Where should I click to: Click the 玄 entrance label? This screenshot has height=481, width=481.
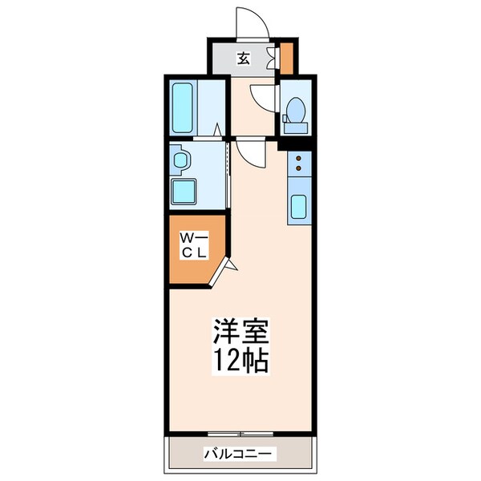pyautogui.click(x=242, y=58)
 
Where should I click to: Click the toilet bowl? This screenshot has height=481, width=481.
pyautogui.click(x=295, y=108)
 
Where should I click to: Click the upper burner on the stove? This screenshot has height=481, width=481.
pyautogui.click(x=299, y=159)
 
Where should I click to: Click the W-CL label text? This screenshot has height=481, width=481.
pyautogui.click(x=194, y=245)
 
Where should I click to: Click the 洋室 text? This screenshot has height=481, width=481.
pyautogui.click(x=240, y=330)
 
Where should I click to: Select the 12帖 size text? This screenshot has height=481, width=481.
pyautogui.click(x=240, y=358)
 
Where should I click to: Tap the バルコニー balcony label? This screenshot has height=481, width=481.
pyautogui.click(x=239, y=454)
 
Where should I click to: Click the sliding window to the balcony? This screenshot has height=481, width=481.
pyautogui.click(x=240, y=434)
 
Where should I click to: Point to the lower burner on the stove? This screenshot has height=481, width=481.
pyautogui.click(x=299, y=170)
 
